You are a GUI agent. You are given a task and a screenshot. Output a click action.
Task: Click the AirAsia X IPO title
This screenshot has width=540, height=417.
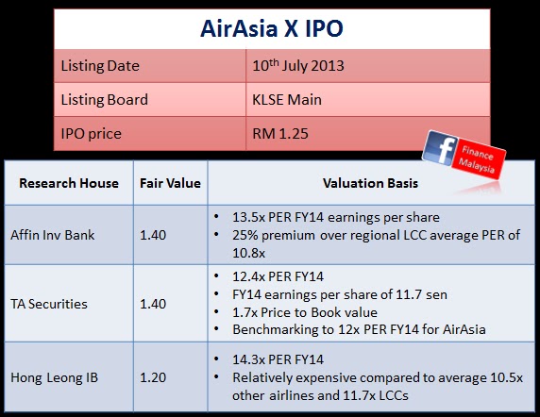[271, 28]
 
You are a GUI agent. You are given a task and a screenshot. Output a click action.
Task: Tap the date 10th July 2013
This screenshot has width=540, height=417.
[298, 65]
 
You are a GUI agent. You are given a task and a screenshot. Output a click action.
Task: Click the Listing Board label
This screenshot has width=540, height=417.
[105, 100]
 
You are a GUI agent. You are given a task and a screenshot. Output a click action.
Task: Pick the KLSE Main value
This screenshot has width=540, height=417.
[287, 100]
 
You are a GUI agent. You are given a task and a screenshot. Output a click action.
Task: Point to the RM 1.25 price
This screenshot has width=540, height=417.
[280, 133]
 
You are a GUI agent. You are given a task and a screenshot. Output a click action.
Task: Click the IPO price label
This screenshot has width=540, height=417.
[92, 134]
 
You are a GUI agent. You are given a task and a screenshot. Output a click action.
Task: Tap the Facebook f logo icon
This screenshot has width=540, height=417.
[441, 149]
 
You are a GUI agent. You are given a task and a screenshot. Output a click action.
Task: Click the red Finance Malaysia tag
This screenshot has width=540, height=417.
[480, 158]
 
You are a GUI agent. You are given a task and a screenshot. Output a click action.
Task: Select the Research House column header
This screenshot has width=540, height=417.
[69, 183]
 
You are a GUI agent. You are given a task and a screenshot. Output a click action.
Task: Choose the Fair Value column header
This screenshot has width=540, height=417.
[170, 183]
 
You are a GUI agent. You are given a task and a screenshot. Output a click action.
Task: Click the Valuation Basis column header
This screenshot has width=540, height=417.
[371, 183]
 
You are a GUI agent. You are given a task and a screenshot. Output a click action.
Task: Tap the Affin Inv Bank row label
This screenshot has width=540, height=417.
[52, 235]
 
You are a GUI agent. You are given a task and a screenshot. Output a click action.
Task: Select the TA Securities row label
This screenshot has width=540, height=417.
[49, 304]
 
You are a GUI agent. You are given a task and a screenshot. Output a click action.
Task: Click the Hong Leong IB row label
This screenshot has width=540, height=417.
[55, 377]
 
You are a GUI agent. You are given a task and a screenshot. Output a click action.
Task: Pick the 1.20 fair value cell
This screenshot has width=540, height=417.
[153, 377]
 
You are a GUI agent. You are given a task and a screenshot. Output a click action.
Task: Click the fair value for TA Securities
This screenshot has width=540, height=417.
[153, 304]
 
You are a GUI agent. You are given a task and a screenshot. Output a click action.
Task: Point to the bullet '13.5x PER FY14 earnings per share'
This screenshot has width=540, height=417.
[336, 217]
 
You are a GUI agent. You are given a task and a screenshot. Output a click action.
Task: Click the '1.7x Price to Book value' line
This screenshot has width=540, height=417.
[305, 312]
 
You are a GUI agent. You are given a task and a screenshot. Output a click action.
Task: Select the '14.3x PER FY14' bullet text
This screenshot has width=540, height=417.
[278, 359]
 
